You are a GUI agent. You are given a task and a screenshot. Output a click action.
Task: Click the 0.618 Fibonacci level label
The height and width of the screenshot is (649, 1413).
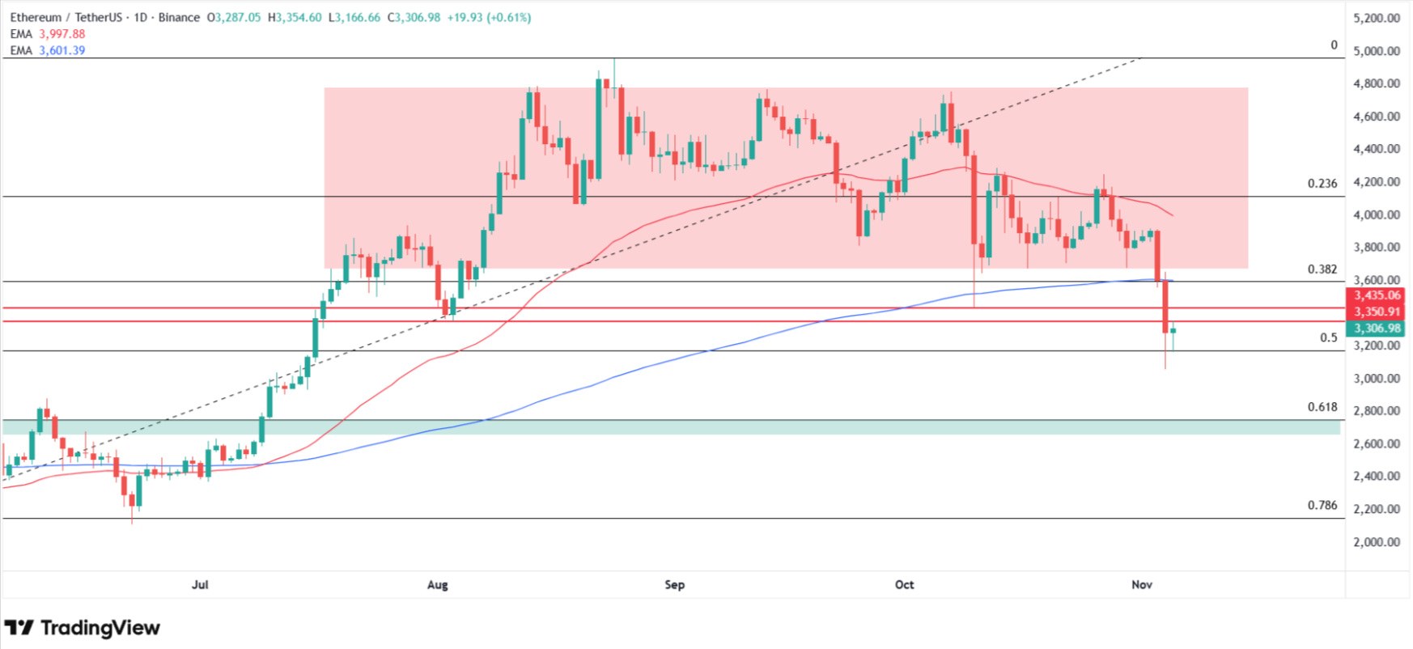tap(1322, 407)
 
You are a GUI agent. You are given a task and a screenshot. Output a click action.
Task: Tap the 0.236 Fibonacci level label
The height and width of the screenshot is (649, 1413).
tap(1322, 184)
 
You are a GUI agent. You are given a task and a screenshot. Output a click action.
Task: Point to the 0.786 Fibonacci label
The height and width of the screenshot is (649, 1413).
tap(1322, 505)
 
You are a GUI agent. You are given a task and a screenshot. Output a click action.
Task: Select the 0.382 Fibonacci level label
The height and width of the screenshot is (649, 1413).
tap(1322, 269)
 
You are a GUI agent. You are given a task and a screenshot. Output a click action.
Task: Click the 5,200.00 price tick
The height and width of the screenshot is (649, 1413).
tap(1376, 18)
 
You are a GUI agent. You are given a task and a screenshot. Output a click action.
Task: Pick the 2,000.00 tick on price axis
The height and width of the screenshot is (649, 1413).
tap(1376, 542)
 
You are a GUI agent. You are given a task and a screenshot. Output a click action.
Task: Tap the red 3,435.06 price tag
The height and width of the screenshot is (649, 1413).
tap(1376, 295)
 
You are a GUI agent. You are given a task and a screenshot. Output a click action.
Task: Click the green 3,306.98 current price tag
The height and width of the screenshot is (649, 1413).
tap(1376, 329)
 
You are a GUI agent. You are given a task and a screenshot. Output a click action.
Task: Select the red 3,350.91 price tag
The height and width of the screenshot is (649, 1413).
tap(1376, 312)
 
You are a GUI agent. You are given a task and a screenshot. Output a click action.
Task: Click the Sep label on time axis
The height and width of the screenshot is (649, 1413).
tap(674, 584)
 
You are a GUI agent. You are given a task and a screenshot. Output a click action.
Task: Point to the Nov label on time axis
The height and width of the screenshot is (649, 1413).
tap(1141, 584)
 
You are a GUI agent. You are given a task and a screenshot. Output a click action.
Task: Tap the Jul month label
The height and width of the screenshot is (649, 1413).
tap(200, 584)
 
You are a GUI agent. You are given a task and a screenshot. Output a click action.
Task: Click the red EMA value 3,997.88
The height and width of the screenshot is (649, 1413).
tap(62, 34)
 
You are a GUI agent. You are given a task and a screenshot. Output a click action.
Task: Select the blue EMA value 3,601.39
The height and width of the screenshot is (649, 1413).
tap(62, 50)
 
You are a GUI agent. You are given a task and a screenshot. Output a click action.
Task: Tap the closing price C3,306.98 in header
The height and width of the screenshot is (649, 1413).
tap(414, 18)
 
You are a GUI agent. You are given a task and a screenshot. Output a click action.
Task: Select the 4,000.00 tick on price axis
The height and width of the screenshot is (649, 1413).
tap(1376, 214)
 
